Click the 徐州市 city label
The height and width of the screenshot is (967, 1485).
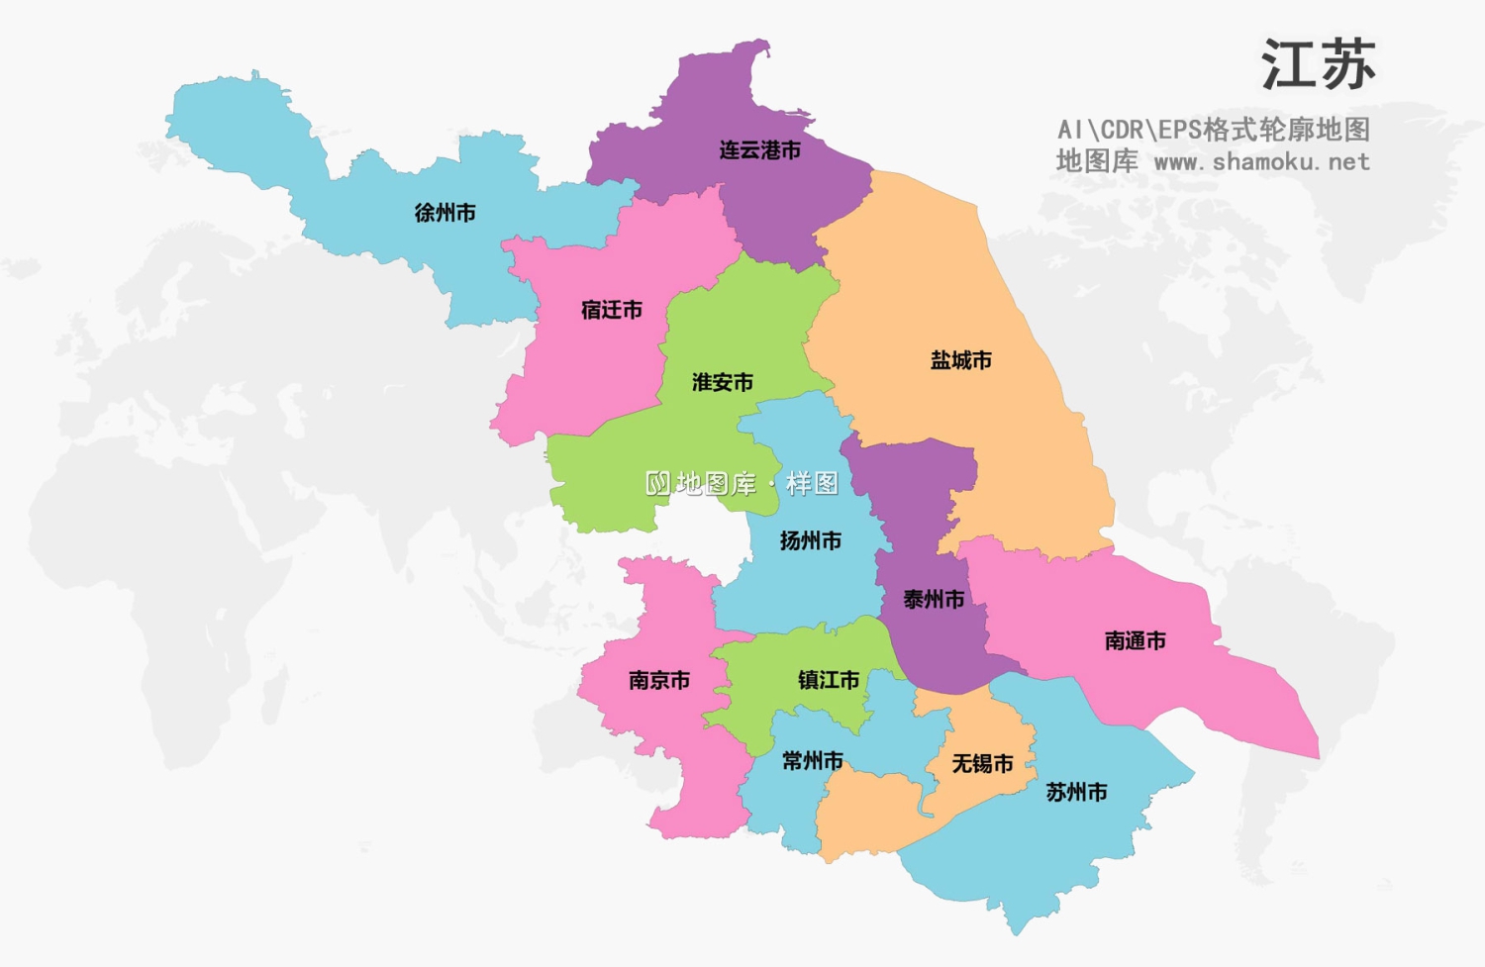(445, 213)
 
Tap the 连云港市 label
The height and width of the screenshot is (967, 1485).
(759, 150)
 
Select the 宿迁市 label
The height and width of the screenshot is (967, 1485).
(611, 310)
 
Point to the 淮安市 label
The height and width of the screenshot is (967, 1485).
(722, 382)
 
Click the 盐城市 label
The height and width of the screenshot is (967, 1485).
(960, 360)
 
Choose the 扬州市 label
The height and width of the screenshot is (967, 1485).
(810, 540)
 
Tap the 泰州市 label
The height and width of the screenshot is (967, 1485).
(933, 599)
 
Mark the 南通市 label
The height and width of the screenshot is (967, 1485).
(1135, 640)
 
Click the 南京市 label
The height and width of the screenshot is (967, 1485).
(658, 680)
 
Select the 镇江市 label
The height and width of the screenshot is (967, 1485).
(828, 680)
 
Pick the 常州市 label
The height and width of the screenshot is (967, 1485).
(812, 760)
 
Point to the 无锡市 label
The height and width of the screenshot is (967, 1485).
(982, 763)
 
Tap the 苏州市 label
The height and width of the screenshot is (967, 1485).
(1076, 792)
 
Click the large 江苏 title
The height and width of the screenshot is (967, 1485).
(1318, 65)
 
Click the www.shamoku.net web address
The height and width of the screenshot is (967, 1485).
(1262, 161)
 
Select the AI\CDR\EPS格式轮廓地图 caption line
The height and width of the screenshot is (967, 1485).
(1213, 130)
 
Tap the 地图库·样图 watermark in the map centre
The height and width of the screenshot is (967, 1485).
(742, 483)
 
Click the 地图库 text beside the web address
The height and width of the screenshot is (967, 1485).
(1097, 161)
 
